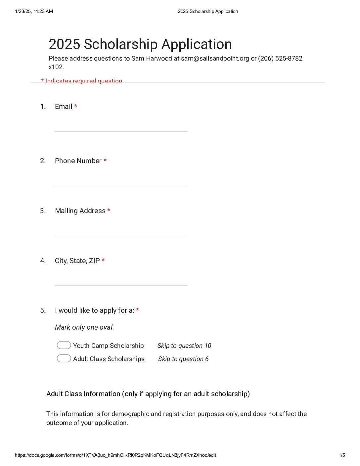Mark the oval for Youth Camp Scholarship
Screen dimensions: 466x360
click(x=64, y=345)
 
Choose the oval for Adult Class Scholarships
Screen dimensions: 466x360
click(x=64, y=358)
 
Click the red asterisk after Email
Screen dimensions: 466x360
click(x=76, y=106)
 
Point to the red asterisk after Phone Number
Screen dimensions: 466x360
click(x=105, y=161)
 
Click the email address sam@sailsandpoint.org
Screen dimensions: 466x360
click(x=215, y=59)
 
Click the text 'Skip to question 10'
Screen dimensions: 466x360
click(x=184, y=346)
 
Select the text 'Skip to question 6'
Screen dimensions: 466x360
click(x=183, y=359)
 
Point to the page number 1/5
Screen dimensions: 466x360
click(x=342, y=455)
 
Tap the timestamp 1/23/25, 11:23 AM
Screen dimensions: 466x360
click(x=34, y=11)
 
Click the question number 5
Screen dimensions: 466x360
click(x=43, y=310)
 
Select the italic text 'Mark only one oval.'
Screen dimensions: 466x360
click(x=84, y=327)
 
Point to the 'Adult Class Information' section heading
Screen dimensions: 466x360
click(x=148, y=394)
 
